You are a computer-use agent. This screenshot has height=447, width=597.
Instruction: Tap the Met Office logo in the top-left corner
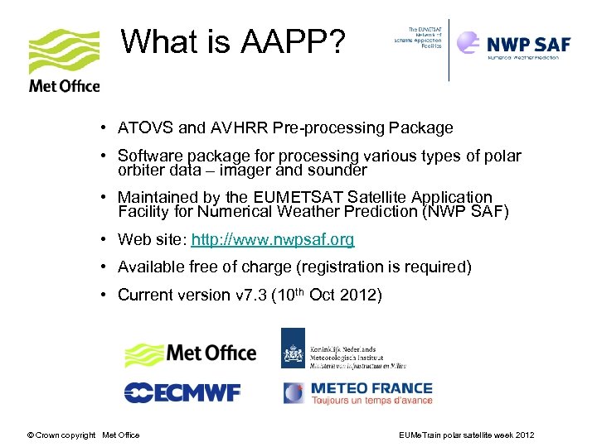(x=64, y=60)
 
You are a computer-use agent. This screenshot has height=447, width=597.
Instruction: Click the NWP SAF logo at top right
(x=514, y=46)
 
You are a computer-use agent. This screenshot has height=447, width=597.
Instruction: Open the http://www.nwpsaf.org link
(x=272, y=240)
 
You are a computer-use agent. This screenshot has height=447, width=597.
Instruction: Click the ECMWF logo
(x=182, y=392)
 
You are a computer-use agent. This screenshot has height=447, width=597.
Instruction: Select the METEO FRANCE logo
(x=358, y=392)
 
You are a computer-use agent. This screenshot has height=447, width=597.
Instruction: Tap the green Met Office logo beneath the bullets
(x=191, y=353)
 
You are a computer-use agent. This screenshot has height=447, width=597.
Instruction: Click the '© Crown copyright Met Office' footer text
(x=83, y=435)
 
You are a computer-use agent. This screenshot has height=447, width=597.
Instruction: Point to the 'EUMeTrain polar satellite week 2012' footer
(x=466, y=435)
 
